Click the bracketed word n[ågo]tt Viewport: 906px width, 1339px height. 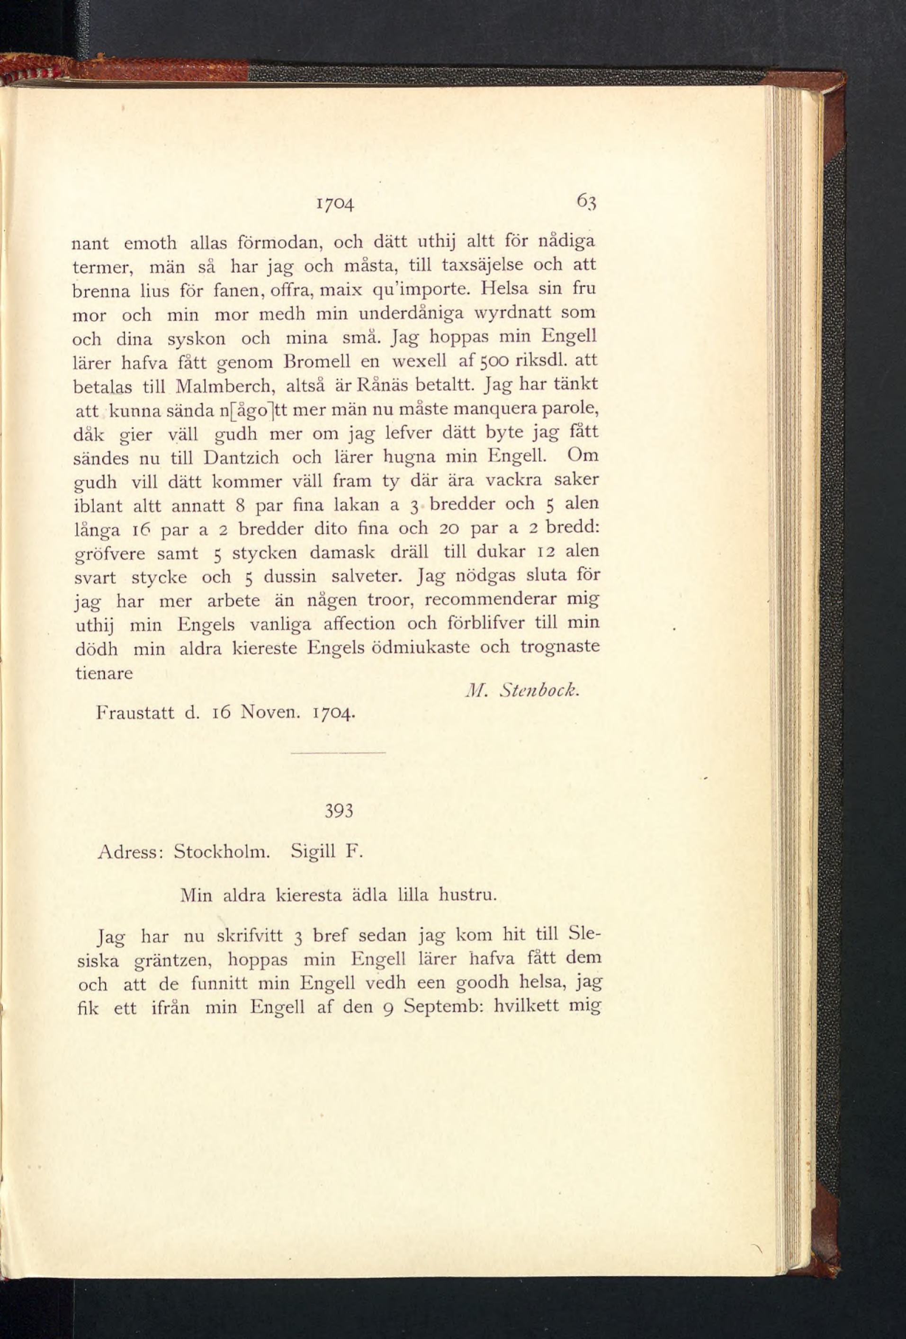255,410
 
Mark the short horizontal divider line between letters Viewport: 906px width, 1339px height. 338,753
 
